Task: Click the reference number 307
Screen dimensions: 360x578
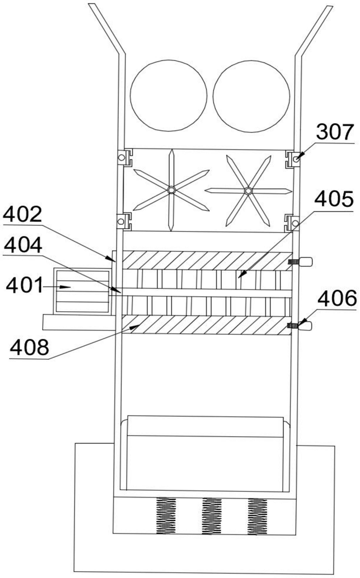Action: [335, 132]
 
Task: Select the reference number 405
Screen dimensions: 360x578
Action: [334, 199]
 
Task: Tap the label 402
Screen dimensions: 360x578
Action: [22, 214]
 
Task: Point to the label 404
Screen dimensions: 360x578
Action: [23, 245]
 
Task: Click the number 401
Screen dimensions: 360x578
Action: [24, 286]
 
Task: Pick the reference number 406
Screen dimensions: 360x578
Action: [337, 298]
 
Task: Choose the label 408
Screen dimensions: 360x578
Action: [29, 347]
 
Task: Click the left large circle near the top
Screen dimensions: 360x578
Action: [168, 96]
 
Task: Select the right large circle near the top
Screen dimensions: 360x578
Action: [251, 96]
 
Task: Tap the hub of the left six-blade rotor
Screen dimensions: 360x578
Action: [171, 190]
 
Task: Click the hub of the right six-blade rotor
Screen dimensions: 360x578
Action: [248, 191]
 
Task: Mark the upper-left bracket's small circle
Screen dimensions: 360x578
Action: [121, 157]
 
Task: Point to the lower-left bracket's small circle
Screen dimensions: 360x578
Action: [120, 222]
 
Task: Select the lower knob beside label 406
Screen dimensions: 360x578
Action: [305, 326]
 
